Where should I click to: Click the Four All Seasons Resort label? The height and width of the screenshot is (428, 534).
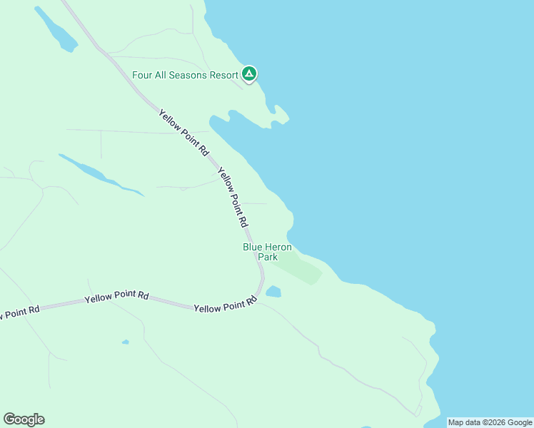(185, 75)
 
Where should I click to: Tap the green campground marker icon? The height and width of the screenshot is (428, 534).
(248, 73)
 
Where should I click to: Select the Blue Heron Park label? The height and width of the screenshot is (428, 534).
(267, 252)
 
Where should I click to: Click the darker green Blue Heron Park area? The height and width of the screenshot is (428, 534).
(300, 268)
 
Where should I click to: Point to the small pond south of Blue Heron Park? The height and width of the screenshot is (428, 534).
(273, 291)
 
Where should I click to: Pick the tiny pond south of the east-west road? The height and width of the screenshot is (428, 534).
(125, 342)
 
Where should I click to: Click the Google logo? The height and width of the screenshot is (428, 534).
(24, 419)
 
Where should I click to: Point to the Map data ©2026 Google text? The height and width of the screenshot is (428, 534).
(490, 422)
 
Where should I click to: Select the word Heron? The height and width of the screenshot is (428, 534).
(277, 247)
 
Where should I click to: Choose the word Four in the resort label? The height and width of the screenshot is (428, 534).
(142, 75)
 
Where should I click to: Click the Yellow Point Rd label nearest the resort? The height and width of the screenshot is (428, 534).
(183, 133)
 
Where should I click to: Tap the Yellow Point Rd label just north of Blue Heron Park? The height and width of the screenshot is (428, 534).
(232, 197)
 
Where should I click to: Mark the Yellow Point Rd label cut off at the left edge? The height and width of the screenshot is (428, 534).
(19, 312)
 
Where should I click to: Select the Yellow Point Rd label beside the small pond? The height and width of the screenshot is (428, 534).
(225, 305)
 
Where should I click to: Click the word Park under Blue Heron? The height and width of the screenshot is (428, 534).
(268, 257)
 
